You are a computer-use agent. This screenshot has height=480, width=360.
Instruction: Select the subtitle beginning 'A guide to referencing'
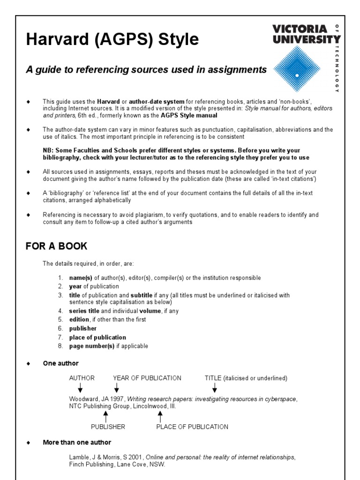click(x=146, y=70)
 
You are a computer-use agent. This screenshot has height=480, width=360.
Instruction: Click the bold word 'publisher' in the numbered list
click(x=82, y=329)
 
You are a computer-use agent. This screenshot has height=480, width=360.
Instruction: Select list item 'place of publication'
click(x=97, y=337)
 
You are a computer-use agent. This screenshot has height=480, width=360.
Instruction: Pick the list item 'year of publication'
click(x=94, y=286)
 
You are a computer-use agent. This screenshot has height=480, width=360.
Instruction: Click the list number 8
click(x=60, y=346)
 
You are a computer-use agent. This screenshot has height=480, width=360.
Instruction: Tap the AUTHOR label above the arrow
click(x=82, y=378)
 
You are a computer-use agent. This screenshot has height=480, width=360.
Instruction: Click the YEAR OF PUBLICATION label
click(x=147, y=378)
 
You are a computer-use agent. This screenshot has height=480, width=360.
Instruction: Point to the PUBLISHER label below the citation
click(x=108, y=427)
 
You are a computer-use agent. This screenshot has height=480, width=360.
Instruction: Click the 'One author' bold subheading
click(x=60, y=363)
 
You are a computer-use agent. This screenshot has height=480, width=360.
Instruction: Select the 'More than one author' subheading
click(x=77, y=442)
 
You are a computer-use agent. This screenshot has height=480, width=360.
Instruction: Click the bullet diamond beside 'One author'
click(x=28, y=363)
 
